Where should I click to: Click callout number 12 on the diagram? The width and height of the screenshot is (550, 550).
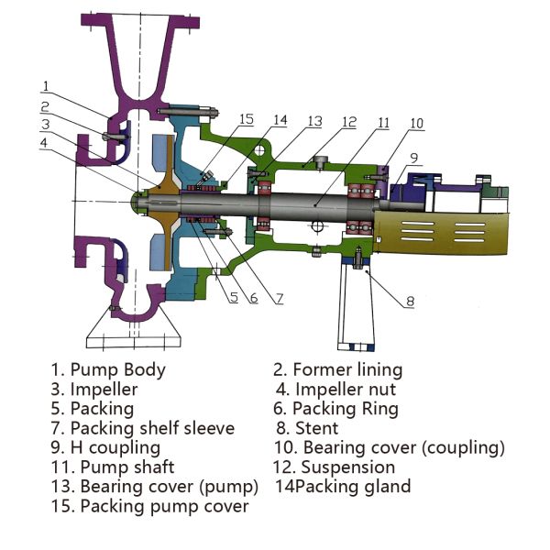(x=349, y=122)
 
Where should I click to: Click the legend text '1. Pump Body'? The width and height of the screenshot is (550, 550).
(x=108, y=370)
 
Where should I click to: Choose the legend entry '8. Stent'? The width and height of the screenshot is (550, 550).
(x=306, y=428)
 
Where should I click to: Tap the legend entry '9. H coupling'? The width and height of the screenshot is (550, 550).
(x=105, y=447)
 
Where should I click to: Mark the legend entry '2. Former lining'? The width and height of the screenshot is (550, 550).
(x=337, y=370)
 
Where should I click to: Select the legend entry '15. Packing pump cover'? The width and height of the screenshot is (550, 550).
(x=149, y=506)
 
